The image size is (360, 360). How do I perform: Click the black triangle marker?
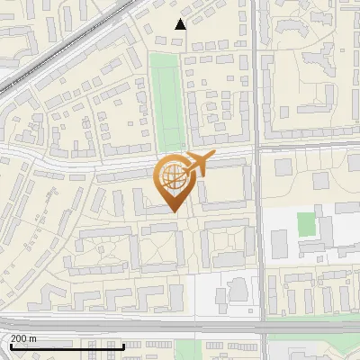coord(181,24)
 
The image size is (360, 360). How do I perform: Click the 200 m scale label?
coord(22,338)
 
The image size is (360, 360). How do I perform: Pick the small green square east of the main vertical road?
coord(307,223)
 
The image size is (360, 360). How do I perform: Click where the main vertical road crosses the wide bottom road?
coord(260,323)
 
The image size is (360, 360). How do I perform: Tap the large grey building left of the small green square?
coord(279,242)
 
